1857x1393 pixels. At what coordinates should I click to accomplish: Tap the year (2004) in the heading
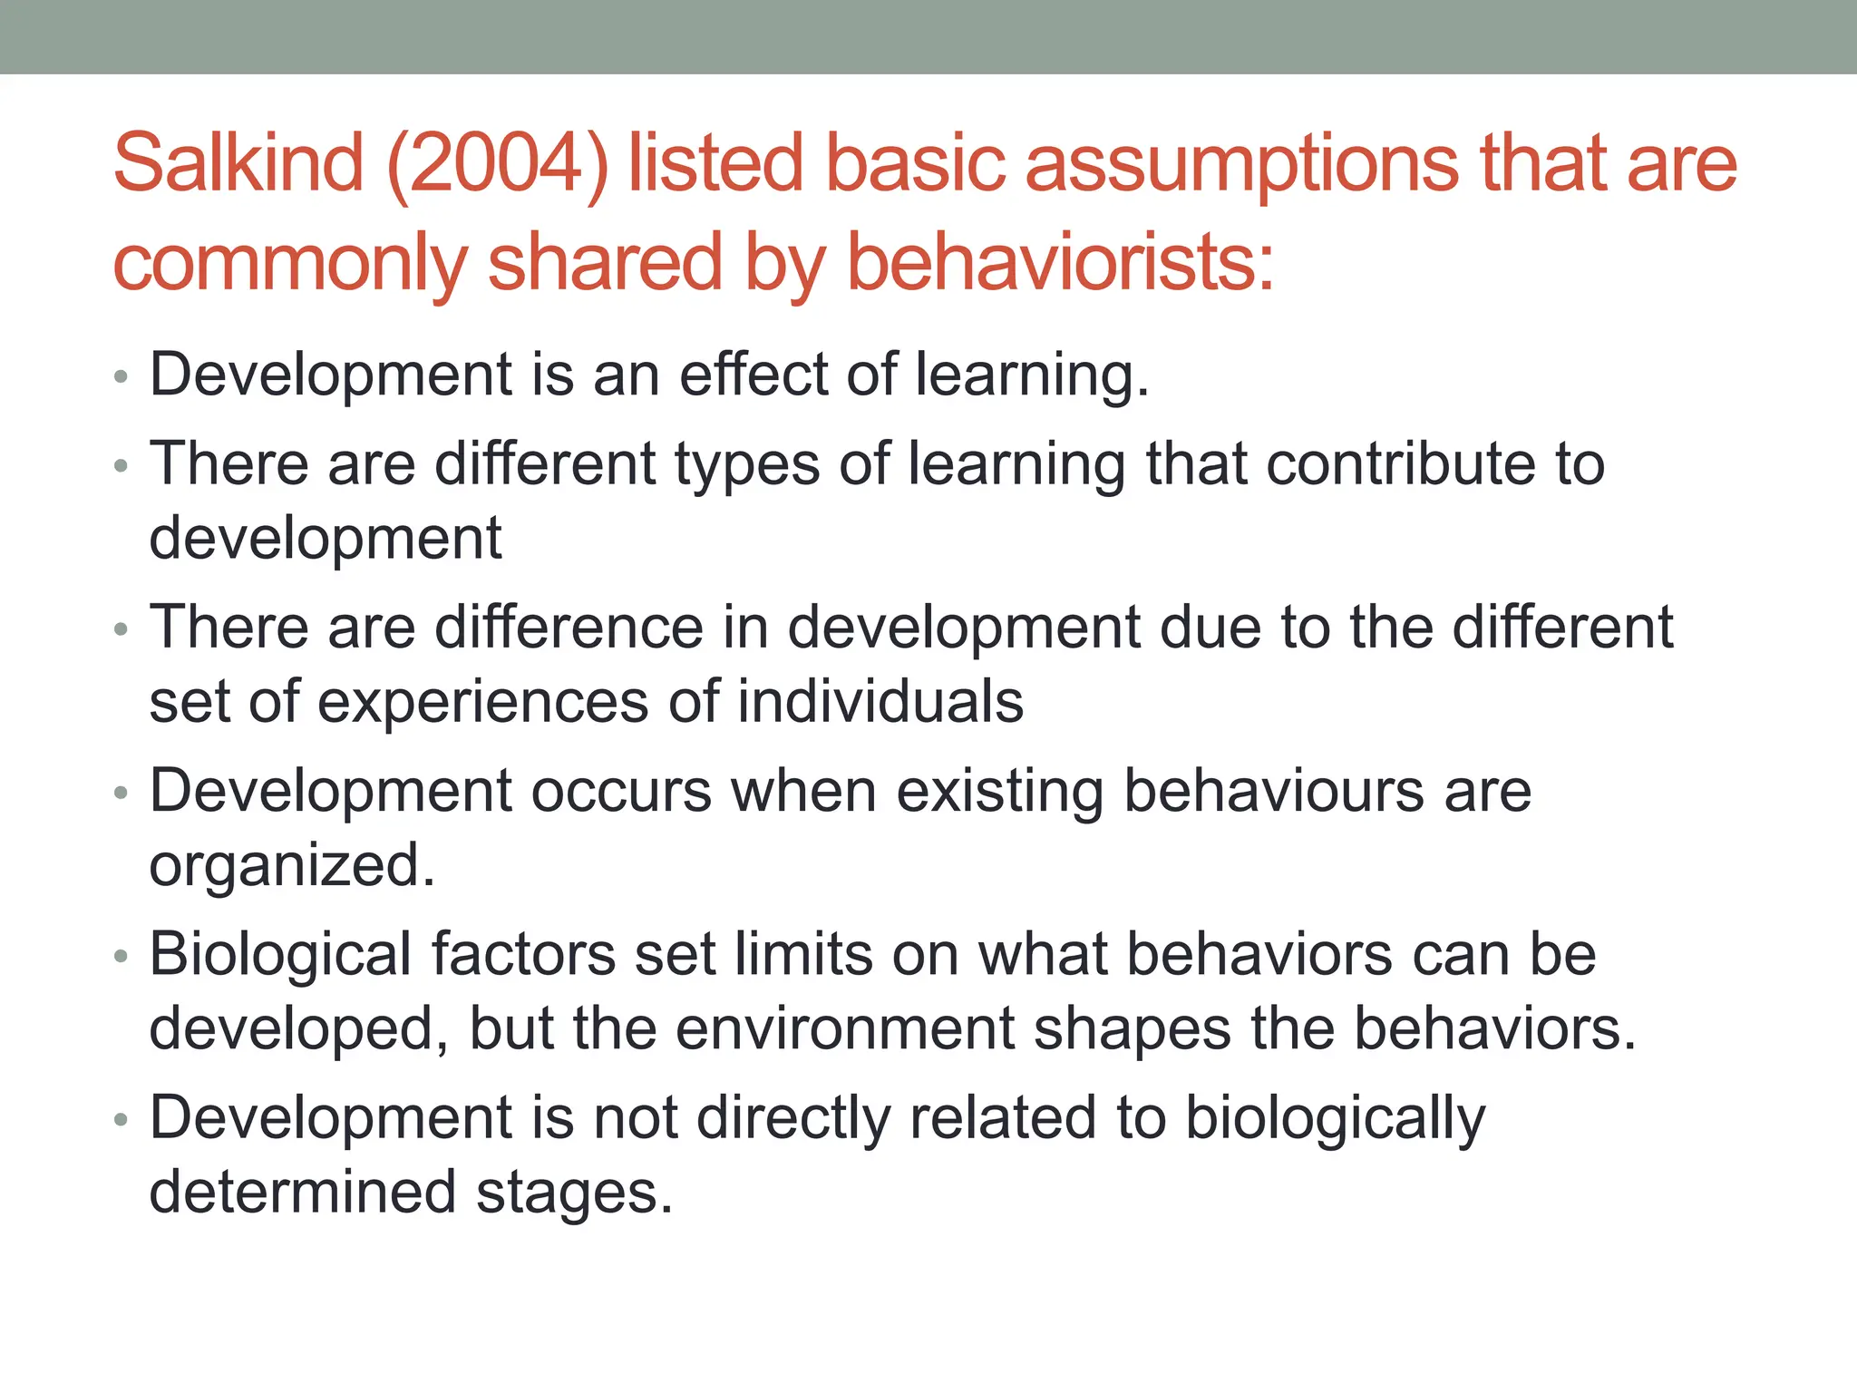498,165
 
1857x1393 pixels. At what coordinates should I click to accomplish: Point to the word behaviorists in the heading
1060,262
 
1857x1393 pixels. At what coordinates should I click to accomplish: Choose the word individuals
880,701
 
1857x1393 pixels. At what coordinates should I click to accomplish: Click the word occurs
621,791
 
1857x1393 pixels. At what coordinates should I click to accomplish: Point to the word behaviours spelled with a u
1273,791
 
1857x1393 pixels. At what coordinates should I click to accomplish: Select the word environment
844,1028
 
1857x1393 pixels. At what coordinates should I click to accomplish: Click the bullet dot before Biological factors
122,957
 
